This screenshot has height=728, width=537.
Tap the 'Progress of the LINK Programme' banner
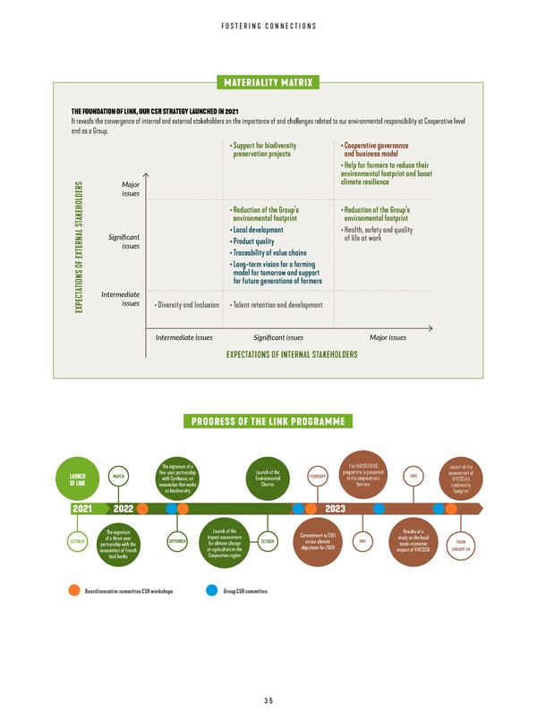[x=268, y=422]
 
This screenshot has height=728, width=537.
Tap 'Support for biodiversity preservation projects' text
[x=263, y=151]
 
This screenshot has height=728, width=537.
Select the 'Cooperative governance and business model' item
[x=376, y=151]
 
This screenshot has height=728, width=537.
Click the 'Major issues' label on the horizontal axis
[x=388, y=338]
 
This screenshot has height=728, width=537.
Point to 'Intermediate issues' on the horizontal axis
[x=183, y=338]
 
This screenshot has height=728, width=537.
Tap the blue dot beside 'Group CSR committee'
[x=211, y=590]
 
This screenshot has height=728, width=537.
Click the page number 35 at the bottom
[x=268, y=700]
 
